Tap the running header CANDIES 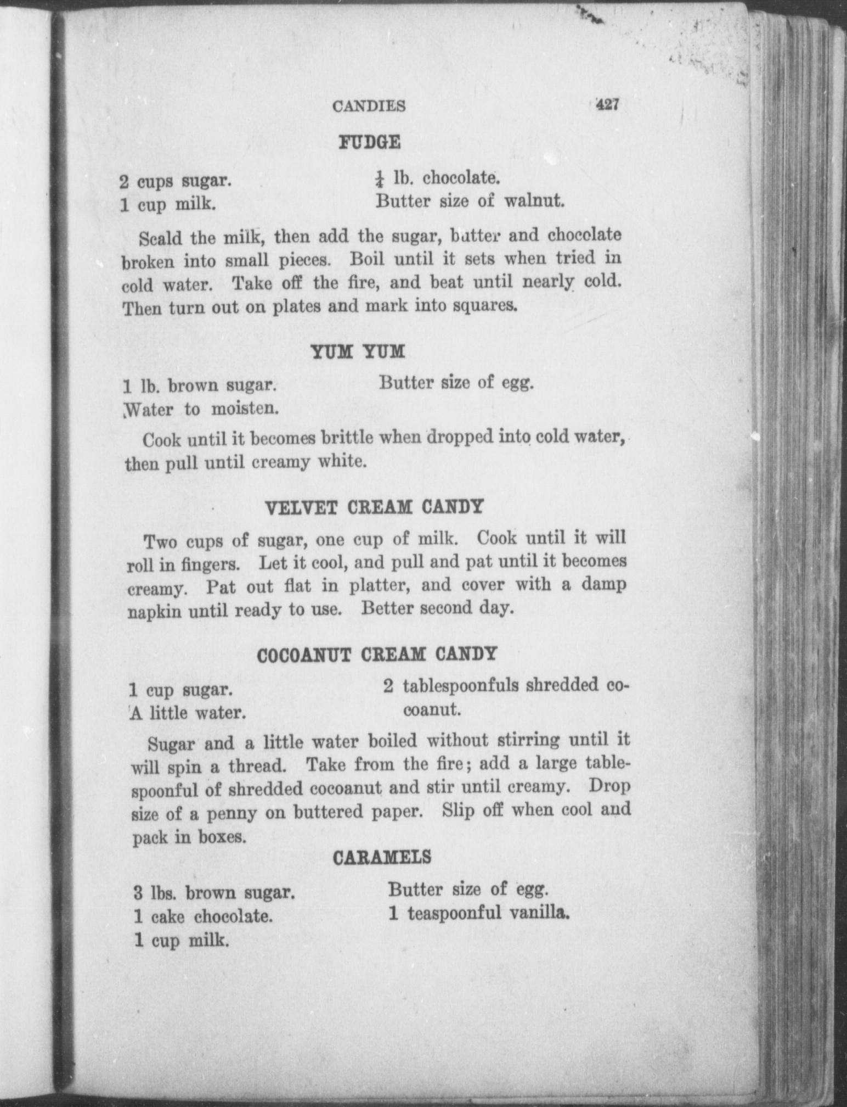click(369, 106)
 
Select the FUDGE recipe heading click(369, 142)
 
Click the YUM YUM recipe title click(358, 351)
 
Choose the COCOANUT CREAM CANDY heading click(377, 655)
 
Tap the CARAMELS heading click(382, 858)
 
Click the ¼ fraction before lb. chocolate click(379, 179)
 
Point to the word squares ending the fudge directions click(485, 305)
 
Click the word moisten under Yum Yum click(242, 409)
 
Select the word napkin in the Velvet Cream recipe click(154, 612)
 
